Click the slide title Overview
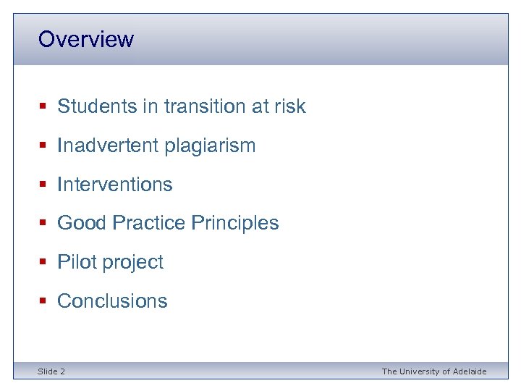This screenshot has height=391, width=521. (x=85, y=39)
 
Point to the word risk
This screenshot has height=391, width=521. (x=289, y=106)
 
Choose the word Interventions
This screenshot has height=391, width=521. (x=114, y=185)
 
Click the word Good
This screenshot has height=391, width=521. (x=81, y=223)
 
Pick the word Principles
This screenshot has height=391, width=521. (x=234, y=223)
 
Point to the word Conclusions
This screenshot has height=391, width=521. (x=112, y=301)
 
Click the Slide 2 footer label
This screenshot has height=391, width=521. (x=51, y=371)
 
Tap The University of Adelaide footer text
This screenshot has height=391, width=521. (x=434, y=371)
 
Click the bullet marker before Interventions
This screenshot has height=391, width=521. (x=43, y=185)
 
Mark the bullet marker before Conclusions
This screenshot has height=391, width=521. (x=43, y=301)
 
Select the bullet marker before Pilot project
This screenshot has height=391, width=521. (x=43, y=262)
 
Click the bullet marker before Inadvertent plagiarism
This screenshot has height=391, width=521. (x=43, y=146)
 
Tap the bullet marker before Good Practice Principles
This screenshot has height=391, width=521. (x=43, y=223)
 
